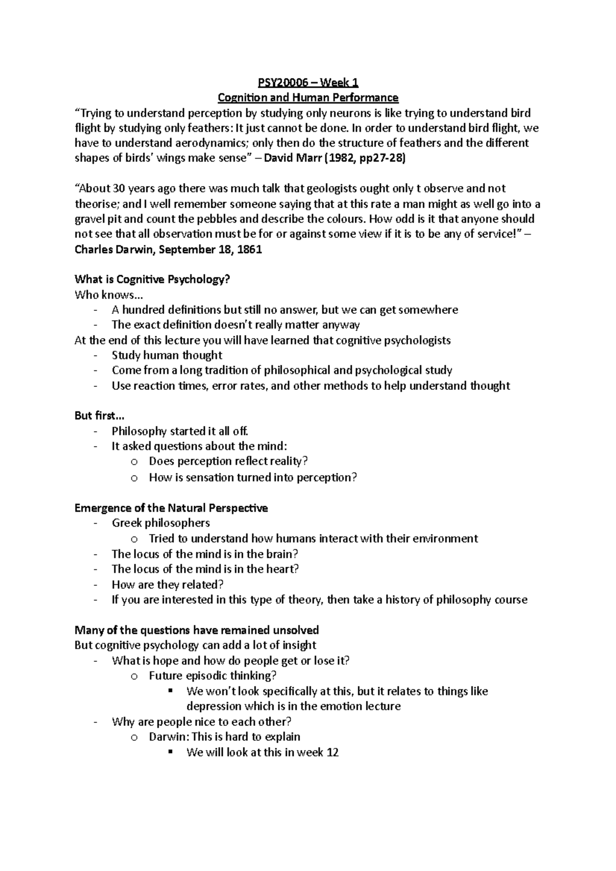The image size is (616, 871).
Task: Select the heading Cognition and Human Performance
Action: point(308,97)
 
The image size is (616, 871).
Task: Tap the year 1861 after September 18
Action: point(249,250)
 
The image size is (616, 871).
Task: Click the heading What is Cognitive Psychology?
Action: point(152,280)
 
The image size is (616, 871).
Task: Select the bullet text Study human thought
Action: point(167,355)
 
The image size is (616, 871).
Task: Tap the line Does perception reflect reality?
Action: point(228,462)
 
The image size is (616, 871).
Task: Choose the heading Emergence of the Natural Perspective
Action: point(171,508)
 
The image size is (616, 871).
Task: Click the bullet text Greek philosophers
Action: point(161,523)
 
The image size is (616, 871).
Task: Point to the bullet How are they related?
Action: point(168,584)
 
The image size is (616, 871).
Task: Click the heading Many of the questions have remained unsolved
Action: point(197,630)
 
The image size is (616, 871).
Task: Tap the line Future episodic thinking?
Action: point(213,676)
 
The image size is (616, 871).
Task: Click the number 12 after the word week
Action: point(332,753)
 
